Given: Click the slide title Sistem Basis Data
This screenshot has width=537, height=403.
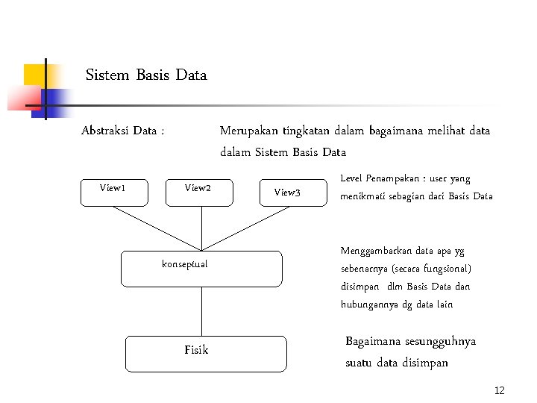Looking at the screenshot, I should point(146,75).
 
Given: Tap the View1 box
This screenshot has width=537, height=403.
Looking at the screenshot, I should point(114,192).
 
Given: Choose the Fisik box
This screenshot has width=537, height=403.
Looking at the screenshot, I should point(205,354).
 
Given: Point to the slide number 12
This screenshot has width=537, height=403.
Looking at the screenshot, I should point(500,391).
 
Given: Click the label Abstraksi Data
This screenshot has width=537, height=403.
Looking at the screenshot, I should point(122,131).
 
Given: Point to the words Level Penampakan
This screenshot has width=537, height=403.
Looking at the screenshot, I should point(375,179).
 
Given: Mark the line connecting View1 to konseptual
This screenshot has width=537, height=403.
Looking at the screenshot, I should point(157,227).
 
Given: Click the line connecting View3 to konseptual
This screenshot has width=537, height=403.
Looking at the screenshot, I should point(250,227).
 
